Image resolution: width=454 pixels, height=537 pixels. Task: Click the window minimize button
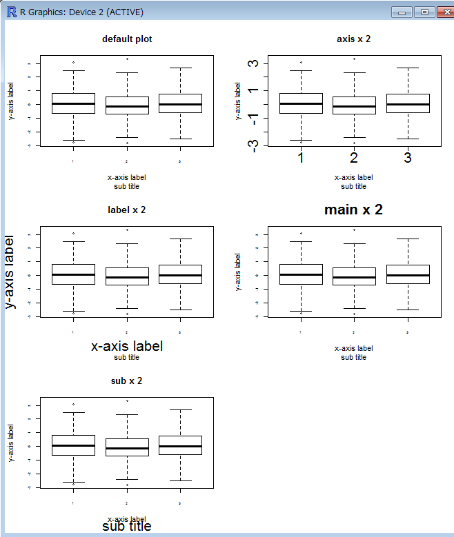402,12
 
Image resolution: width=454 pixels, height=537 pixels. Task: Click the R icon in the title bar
11,12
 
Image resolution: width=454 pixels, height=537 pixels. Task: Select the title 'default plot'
127,39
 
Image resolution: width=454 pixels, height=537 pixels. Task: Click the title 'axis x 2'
353,39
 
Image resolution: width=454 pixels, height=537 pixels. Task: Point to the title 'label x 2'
127,210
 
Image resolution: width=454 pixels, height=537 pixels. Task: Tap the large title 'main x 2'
353,210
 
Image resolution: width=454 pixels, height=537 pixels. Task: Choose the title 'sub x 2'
127,381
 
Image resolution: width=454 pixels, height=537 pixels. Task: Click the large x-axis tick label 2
354,159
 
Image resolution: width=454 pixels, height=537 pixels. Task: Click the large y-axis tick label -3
255,145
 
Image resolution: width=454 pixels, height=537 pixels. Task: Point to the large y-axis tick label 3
255,63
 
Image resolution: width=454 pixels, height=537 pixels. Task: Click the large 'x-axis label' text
127,346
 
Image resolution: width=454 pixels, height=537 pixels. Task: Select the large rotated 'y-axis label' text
10,272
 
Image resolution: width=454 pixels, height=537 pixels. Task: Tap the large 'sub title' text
127,527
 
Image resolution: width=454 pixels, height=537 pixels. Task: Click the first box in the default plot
73,103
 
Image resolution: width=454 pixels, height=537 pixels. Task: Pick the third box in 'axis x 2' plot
408,103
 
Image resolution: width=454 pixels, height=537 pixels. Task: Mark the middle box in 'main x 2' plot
354,276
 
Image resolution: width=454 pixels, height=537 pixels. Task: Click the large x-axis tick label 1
301,159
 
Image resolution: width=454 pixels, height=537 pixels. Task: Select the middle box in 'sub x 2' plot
127,447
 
